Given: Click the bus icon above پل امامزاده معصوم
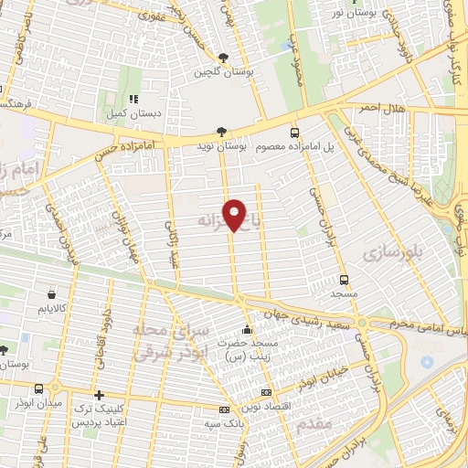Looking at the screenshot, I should (x=293, y=132).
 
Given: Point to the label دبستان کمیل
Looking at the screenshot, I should (x=133, y=112).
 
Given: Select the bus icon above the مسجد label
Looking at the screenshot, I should (x=344, y=280).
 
